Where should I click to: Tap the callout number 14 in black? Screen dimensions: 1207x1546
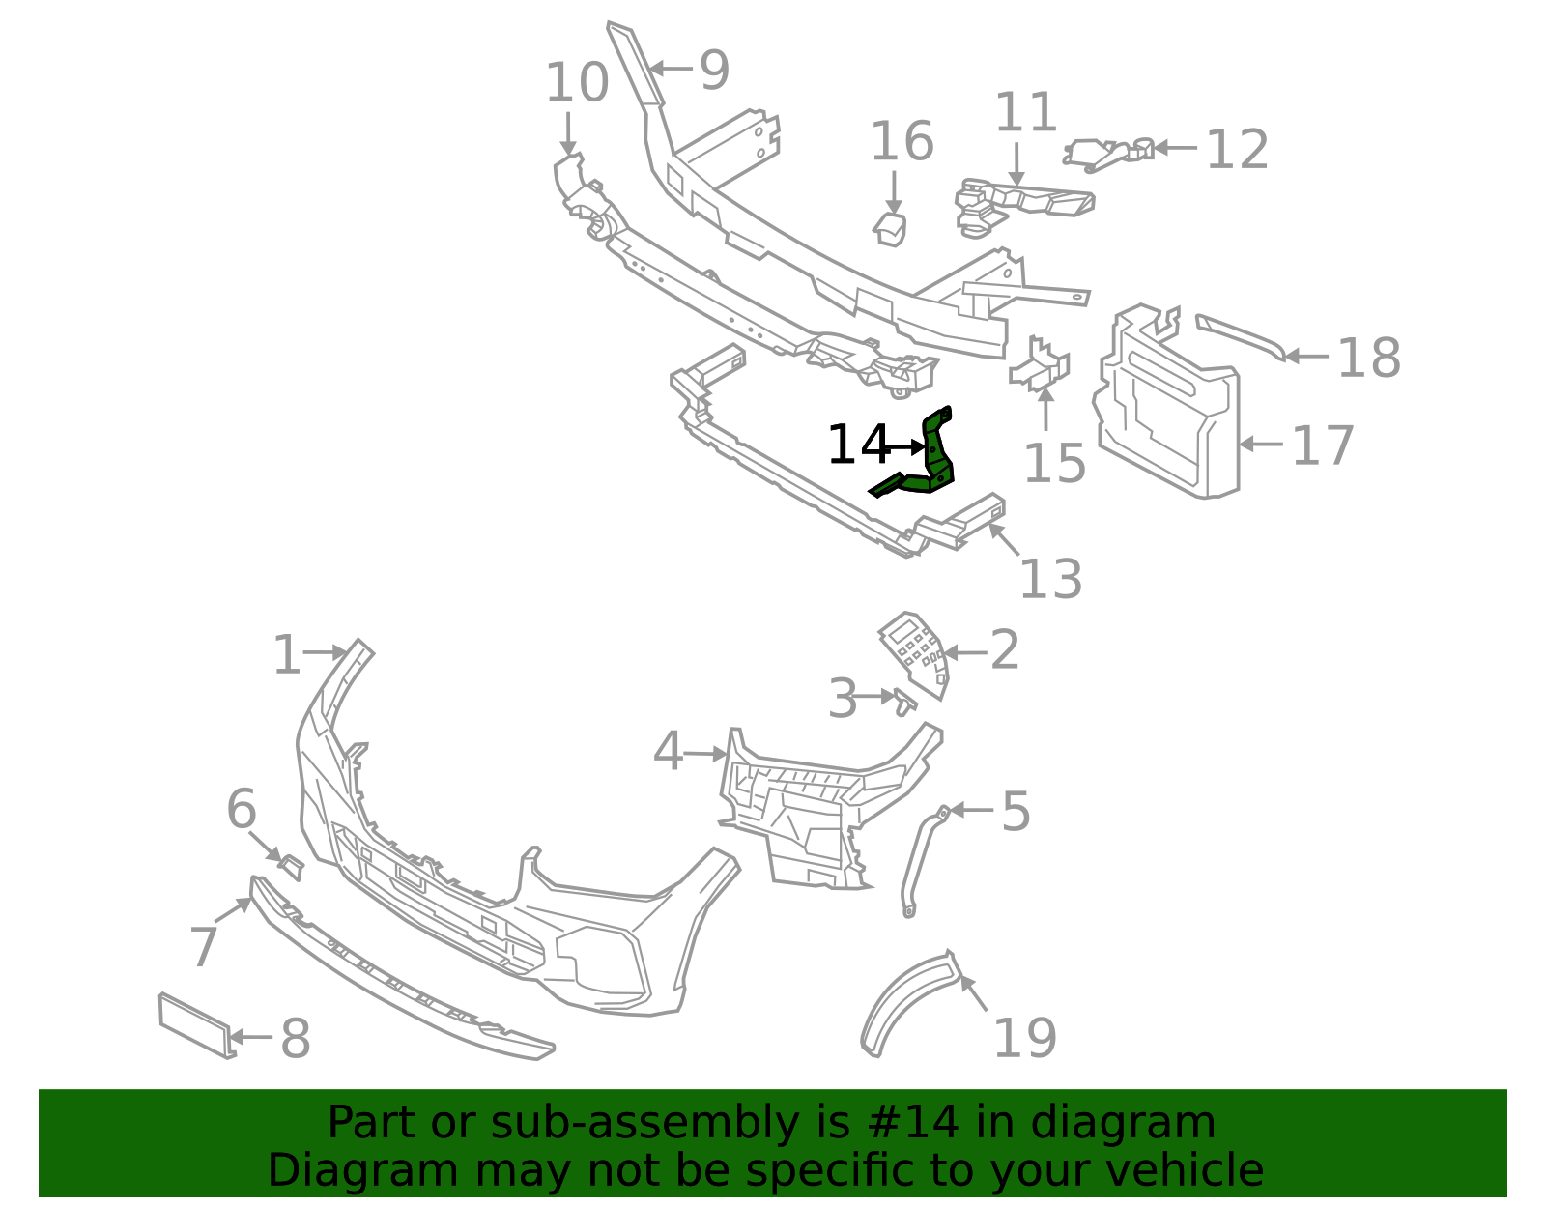click(858, 445)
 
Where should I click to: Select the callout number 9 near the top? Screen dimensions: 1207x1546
click(714, 71)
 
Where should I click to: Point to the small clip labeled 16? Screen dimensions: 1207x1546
click(891, 229)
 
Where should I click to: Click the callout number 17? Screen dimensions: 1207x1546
click(1323, 446)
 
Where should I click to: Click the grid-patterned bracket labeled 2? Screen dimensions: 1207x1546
click(915, 652)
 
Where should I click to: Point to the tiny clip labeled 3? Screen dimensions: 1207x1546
click(904, 702)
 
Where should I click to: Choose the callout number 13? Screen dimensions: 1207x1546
click(1050, 579)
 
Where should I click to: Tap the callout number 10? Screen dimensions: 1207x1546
click(577, 83)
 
